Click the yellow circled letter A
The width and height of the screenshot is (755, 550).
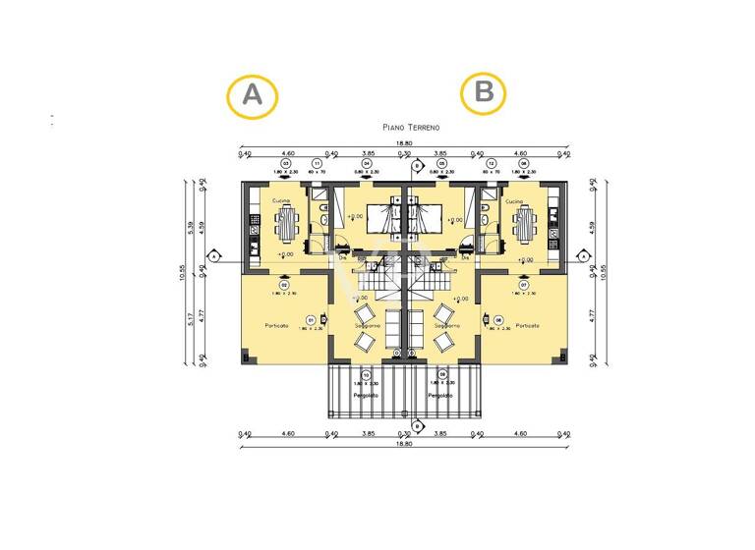point(253,95)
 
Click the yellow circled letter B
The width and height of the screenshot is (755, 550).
point(485,92)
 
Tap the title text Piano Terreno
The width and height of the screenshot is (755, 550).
point(411,128)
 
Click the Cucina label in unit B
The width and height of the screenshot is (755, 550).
point(515,201)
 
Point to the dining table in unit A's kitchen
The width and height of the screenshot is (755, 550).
point(286,226)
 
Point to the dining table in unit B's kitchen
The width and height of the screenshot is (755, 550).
point(523,226)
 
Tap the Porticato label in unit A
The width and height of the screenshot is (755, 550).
point(277,326)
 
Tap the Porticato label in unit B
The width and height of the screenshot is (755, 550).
point(528,326)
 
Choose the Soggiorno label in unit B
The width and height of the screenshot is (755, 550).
point(445,325)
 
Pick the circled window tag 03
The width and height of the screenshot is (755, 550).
point(287,163)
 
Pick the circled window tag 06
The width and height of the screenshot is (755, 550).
point(525,163)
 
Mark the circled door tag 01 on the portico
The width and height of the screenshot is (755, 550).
point(310,320)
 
